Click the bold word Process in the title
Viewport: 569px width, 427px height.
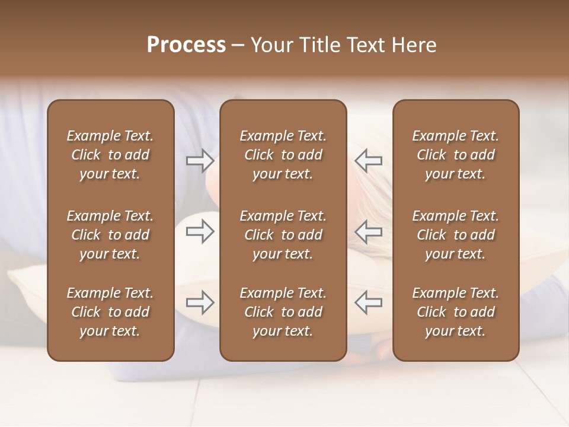pyautogui.click(x=186, y=45)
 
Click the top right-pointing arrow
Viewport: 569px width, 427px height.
pyautogui.click(x=200, y=161)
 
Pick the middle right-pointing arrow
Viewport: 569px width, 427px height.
pyautogui.click(x=200, y=231)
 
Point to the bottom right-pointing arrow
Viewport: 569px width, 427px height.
pyautogui.click(x=200, y=302)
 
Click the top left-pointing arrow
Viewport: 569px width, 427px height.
pyautogui.click(x=369, y=161)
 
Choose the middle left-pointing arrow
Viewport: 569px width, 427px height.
pyautogui.click(x=369, y=231)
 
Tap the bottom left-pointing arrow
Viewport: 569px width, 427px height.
pyautogui.click(x=369, y=302)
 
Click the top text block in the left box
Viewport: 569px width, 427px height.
pyautogui.click(x=110, y=155)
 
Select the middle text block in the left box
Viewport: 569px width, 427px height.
pyautogui.click(x=110, y=235)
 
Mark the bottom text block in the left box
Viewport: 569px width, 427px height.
pyautogui.click(x=110, y=312)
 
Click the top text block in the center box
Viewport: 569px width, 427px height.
pyautogui.click(x=283, y=155)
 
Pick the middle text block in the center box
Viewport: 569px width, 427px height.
pyautogui.click(x=283, y=235)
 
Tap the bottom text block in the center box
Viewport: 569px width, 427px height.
pyautogui.click(x=283, y=312)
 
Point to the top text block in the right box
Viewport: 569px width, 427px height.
pyautogui.click(x=456, y=155)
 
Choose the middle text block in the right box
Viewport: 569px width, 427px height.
pyautogui.click(x=456, y=235)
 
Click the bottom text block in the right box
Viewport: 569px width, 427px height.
pyautogui.click(x=456, y=312)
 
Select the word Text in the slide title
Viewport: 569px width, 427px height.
pyautogui.click(x=366, y=45)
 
